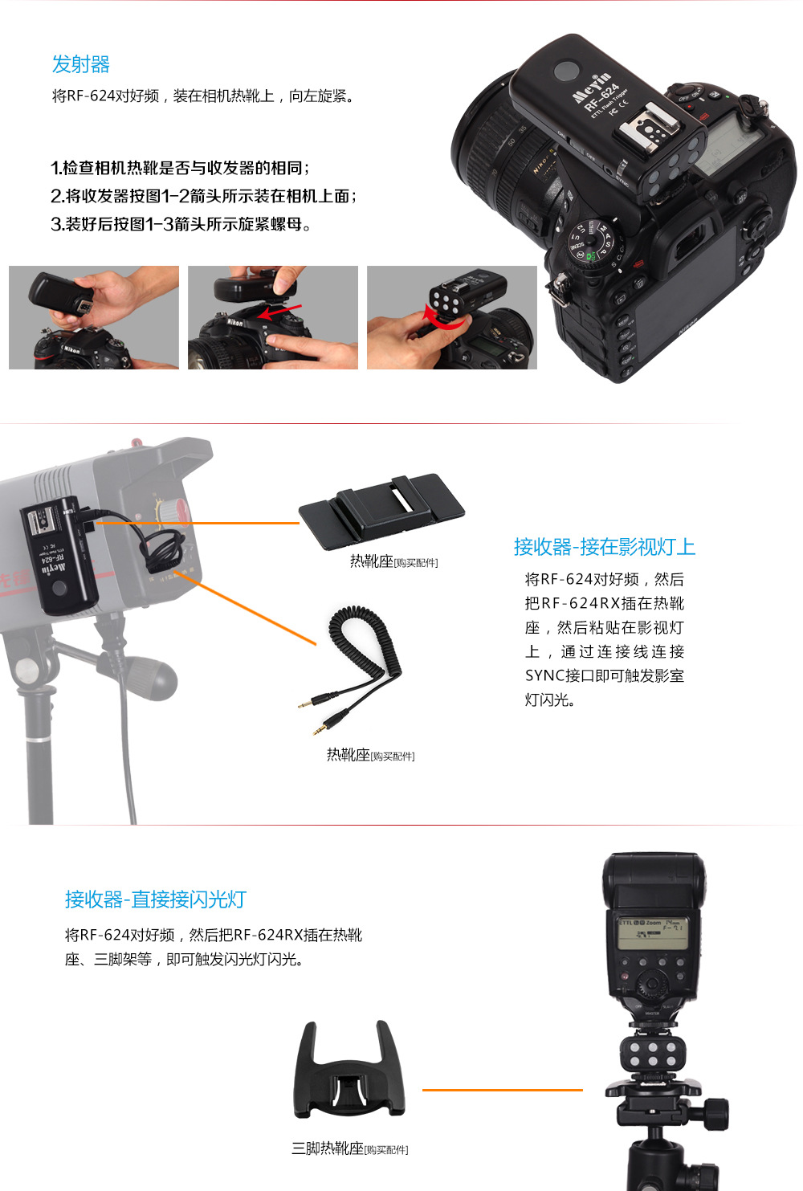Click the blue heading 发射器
click(x=81, y=64)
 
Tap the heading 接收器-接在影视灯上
click(x=605, y=547)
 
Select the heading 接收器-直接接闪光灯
click(x=155, y=899)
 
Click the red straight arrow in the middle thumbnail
click(x=280, y=312)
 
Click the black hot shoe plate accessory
click(x=381, y=510)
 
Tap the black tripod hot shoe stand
click(x=349, y=1069)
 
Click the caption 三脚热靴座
click(x=328, y=1148)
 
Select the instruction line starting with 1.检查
click(x=180, y=168)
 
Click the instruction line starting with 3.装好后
click(x=181, y=224)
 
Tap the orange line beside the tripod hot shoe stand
click(x=503, y=1090)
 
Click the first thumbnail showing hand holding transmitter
click(x=94, y=317)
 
